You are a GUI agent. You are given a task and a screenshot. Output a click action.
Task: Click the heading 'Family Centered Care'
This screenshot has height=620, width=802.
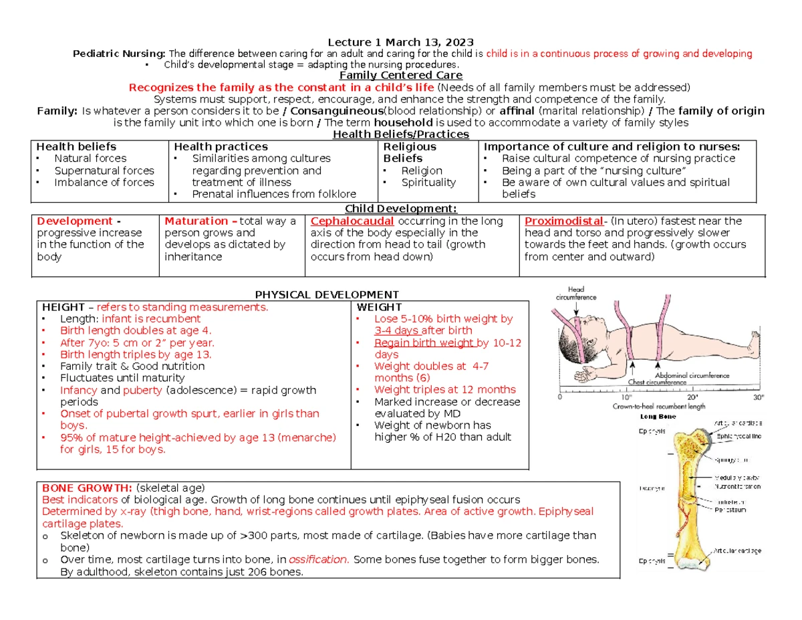400,76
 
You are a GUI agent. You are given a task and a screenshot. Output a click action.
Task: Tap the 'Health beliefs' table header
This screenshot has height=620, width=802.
76,146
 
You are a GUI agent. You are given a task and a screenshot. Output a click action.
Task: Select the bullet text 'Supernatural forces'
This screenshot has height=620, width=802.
104,171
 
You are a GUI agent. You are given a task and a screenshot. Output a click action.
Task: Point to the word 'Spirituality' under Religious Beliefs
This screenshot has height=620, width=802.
428,182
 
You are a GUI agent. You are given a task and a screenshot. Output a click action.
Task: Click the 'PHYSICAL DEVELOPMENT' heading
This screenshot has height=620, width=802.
327,295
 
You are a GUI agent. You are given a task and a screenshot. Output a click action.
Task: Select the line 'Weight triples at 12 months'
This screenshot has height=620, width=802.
444,389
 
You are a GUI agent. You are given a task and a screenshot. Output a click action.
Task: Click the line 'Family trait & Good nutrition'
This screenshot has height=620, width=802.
132,366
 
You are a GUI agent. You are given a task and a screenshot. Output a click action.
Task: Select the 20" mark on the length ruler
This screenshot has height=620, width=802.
690,395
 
